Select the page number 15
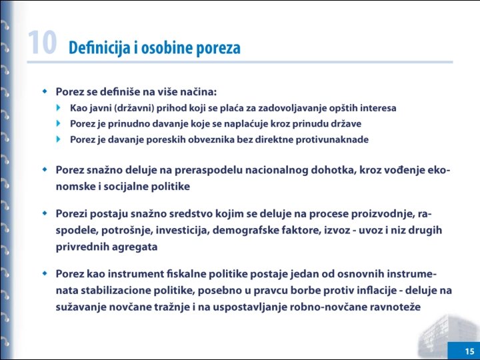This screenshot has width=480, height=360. click(x=469, y=351)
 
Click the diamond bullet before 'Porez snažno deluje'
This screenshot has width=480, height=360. click(x=45, y=169)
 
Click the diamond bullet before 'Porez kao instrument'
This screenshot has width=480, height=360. click(x=45, y=273)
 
